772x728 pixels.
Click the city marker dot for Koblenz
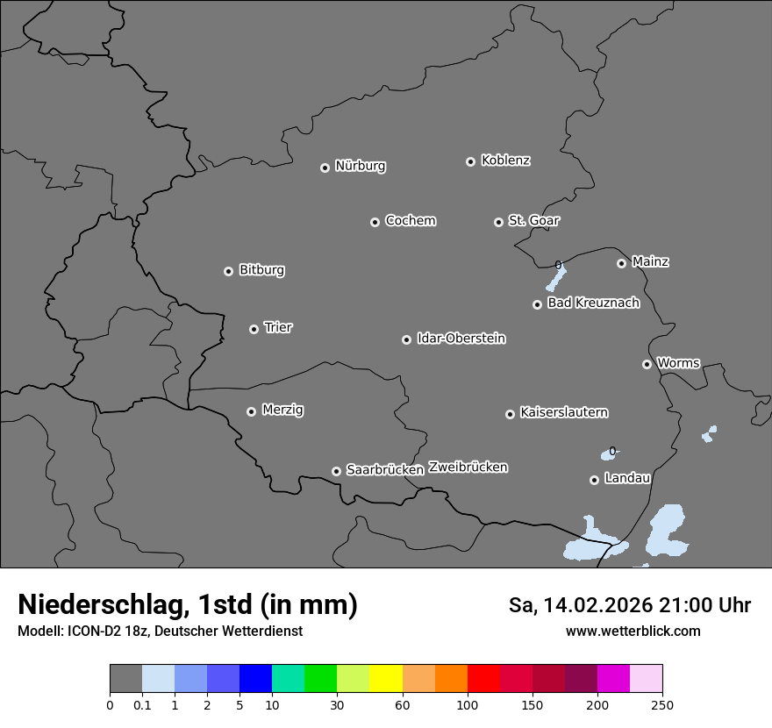point(470,161)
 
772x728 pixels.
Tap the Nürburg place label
point(361,166)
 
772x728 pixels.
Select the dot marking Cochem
point(375,222)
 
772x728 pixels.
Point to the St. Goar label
point(533,220)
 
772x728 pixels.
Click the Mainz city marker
point(621,263)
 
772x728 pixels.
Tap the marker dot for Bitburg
point(228,271)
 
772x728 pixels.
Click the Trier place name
point(278,327)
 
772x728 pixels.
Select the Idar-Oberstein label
point(461,338)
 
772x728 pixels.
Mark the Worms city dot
point(647,364)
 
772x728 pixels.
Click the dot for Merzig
point(251,411)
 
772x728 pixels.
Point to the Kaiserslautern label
point(564,412)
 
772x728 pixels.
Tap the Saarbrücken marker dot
point(336,471)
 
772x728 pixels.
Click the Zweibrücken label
point(468,467)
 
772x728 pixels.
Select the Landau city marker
point(594,480)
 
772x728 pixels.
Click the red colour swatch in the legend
point(483,679)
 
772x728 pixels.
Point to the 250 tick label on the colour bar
point(662,704)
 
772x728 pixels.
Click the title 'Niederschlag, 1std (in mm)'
point(188,604)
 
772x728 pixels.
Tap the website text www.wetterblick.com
point(633,631)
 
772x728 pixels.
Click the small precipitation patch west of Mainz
point(555,278)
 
